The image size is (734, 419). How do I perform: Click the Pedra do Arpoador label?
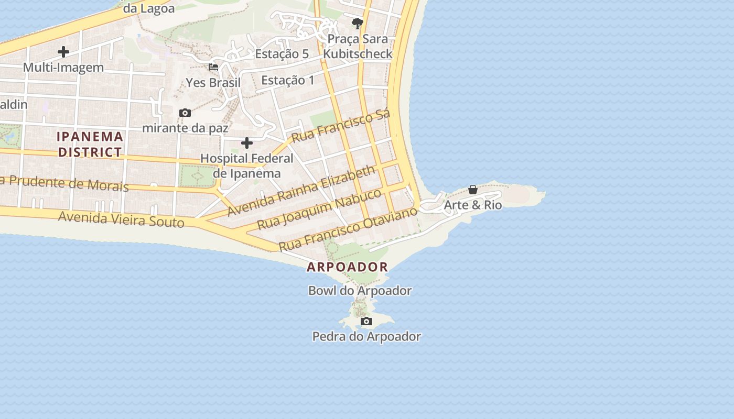[x=366, y=336]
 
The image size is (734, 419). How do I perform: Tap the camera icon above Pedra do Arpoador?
[x=366, y=321]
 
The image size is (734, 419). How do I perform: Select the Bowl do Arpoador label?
[x=360, y=290]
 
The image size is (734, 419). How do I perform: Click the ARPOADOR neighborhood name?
[x=347, y=267]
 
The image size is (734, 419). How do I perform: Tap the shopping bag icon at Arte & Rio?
[x=473, y=190]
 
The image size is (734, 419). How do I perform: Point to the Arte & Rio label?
[x=473, y=205]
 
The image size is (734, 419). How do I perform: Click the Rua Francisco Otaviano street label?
[x=348, y=229]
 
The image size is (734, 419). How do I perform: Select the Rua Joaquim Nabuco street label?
[x=319, y=209]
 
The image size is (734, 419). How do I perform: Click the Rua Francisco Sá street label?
[x=341, y=127]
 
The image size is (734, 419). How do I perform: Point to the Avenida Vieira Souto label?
[x=121, y=218]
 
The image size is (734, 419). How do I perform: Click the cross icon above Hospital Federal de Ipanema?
[x=247, y=143]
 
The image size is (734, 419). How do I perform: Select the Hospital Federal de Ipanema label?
[x=247, y=166]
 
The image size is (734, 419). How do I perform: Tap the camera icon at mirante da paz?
[x=185, y=113]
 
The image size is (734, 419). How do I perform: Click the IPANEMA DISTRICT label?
[x=90, y=145]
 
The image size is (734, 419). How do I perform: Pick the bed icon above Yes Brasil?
[x=213, y=67]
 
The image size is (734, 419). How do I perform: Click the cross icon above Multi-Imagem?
[x=63, y=52]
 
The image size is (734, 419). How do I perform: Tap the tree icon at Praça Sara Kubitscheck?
[x=358, y=23]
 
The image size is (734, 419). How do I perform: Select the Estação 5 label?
[x=282, y=54]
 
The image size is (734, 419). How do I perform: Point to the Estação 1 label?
[x=288, y=80]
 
